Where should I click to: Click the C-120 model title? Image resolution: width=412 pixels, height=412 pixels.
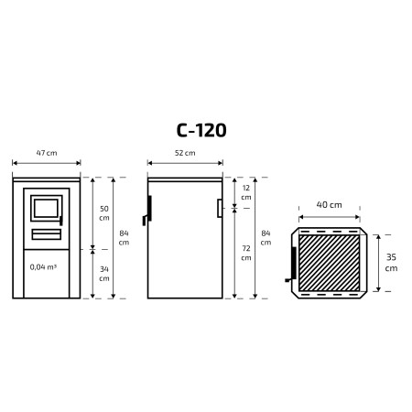tap(201, 130)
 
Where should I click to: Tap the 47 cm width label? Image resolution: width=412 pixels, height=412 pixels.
tap(47, 153)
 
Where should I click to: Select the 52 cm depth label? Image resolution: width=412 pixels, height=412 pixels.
tap(185, 153)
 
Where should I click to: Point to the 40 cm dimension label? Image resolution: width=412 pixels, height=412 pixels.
tap(329, 205)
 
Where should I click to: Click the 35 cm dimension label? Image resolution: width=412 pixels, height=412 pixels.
tap(391, 263)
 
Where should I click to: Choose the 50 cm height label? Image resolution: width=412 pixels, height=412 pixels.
tap(104, 213)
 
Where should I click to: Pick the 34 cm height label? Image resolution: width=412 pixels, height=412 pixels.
tap(104, 274)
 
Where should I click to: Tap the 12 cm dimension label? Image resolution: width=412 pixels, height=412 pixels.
tap(246, 192)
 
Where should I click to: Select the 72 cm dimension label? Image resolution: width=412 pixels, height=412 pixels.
tap(246, 253)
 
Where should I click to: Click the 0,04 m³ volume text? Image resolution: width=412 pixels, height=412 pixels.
tap(43, 267)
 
